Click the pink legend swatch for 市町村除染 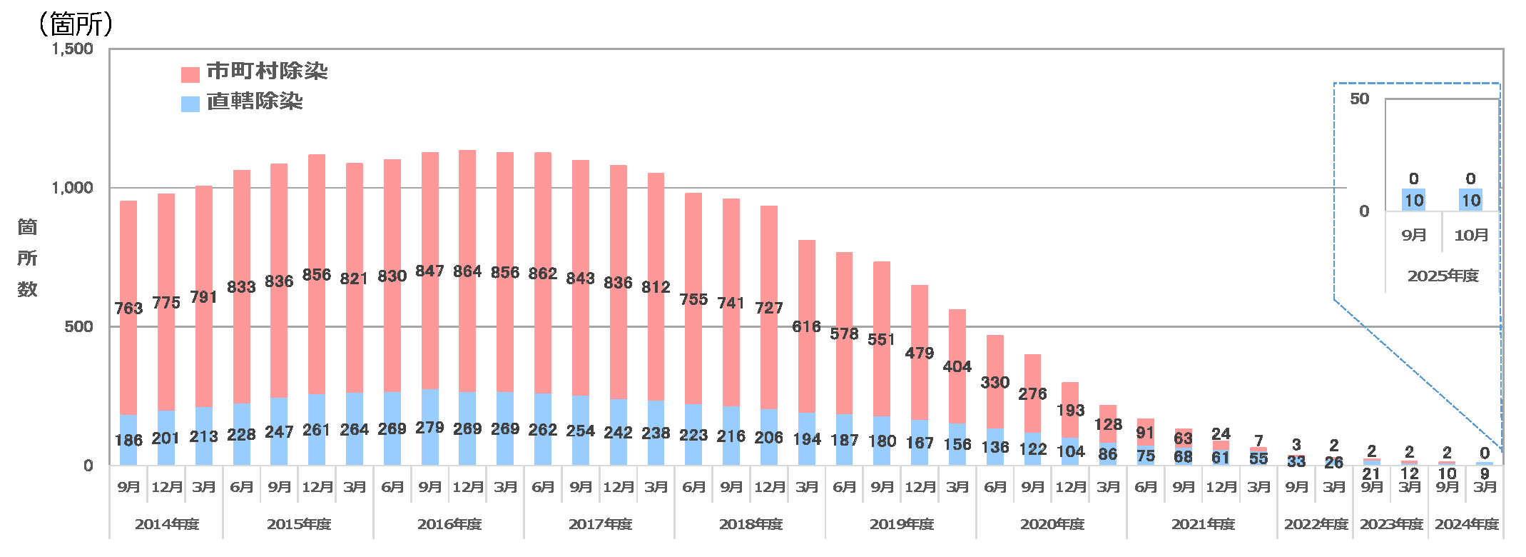point(190,74)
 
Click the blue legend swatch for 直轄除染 point(190,104)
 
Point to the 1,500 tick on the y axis point(73,49)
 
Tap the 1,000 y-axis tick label point(73,188)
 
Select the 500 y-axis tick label point(78,327)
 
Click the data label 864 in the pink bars point(467,271)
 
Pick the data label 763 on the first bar point(128,308)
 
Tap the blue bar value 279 point(429,428)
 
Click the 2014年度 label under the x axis point(167,524)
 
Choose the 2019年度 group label point(901,524)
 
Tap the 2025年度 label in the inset point(1443,276)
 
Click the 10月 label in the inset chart point(1471,235)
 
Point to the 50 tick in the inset point(1359,99)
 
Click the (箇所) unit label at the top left point(76,24)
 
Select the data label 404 point(957,367)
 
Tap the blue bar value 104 point(1070,451)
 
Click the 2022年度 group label point(1316,524)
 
